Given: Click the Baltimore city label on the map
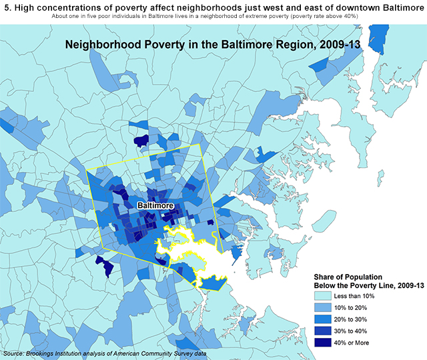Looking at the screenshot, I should point(155,206).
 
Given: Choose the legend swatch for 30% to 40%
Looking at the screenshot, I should point(326,331).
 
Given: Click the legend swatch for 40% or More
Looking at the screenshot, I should point(326,343).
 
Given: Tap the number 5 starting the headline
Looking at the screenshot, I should point(7,7).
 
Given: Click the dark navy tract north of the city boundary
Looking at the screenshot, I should point(141,141).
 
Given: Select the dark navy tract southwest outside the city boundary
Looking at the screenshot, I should point(104,265).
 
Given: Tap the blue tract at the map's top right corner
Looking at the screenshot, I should point(378,38).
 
